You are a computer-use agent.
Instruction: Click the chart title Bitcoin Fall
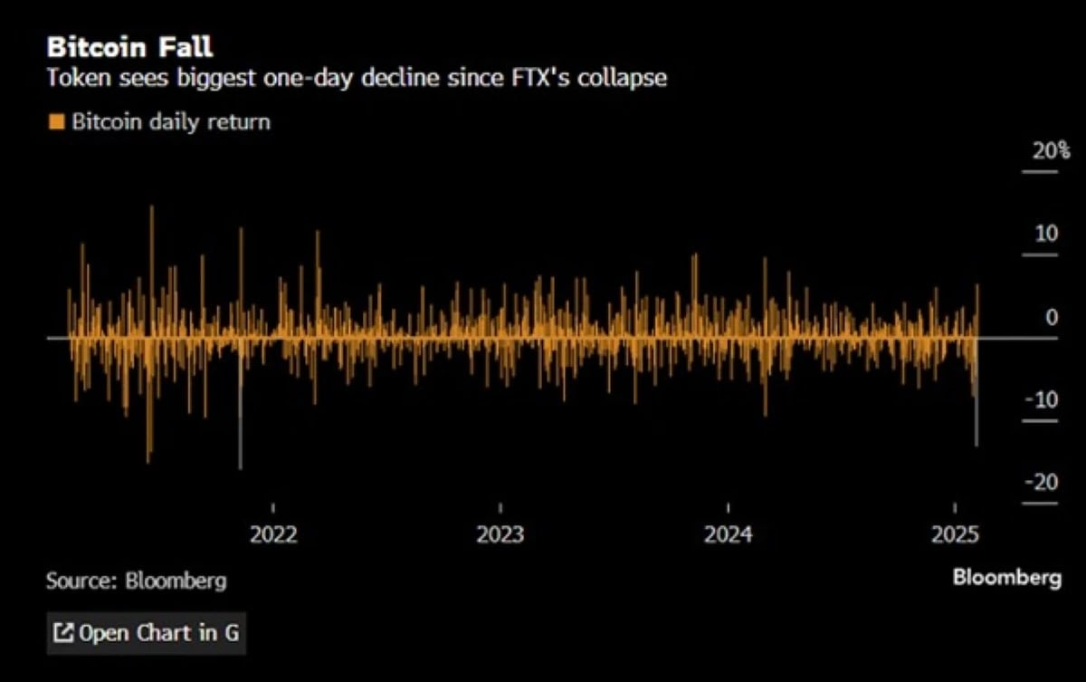129,46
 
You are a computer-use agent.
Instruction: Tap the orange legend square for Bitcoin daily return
56,120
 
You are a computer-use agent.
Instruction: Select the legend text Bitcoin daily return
170,120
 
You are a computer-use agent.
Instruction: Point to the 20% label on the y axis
1052,150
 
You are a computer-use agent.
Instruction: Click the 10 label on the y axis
1046,234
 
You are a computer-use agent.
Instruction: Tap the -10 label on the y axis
1042,399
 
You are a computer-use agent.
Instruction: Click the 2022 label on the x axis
273,534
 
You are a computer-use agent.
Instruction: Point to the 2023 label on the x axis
500,534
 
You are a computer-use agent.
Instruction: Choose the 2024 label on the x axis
729,534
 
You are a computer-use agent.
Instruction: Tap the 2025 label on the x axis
956,534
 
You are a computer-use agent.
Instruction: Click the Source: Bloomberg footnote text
137,581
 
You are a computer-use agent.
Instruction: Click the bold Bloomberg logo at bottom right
1006,578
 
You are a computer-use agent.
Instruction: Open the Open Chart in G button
147,632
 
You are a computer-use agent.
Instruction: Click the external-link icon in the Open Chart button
63,632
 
